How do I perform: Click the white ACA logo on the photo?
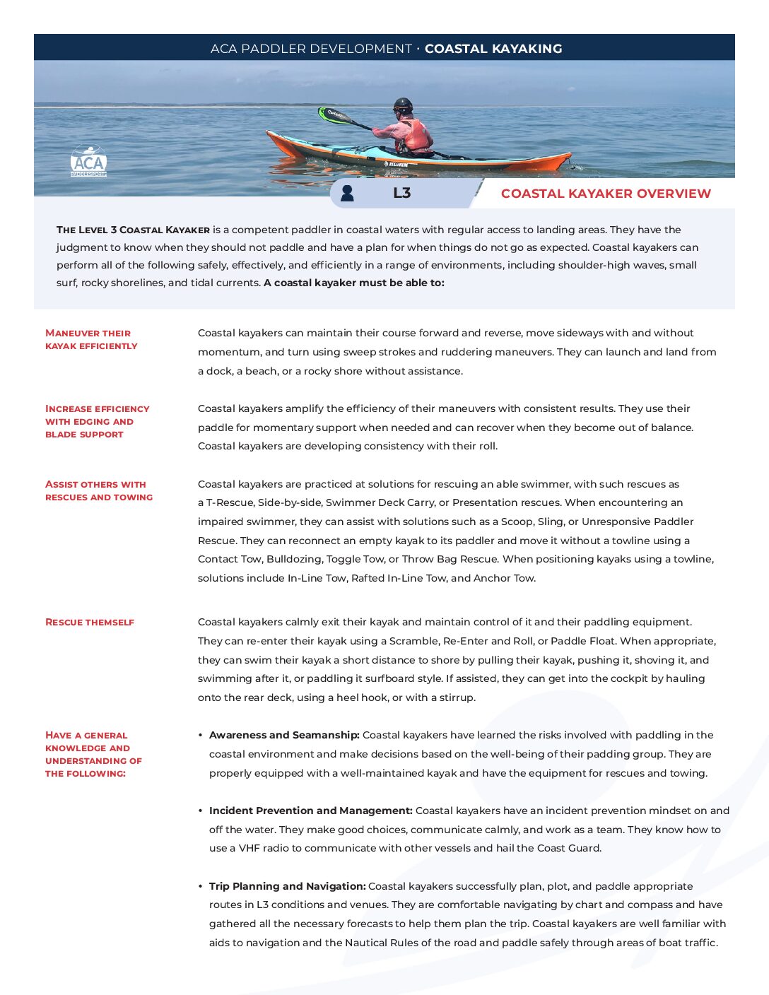point(88,162)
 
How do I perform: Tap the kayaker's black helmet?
point(402,105)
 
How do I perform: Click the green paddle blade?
point(333,114)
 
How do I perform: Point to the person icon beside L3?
point(347,193)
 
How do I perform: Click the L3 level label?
point(401,193)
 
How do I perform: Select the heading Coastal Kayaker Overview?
point(606,194)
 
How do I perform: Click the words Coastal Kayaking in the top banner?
point(493,49)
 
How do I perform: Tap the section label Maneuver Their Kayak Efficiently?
point(91,339)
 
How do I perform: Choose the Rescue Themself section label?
point(90,623)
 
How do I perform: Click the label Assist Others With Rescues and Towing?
point(99,490)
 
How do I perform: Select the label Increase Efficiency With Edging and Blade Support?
point(97,421)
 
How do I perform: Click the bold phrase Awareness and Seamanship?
point(284,735)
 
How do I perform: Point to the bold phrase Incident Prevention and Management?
point(310,811)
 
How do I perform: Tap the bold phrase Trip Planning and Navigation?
point(287,886)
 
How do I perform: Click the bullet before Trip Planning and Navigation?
point(201,886)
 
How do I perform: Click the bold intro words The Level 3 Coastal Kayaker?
point(133,230)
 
